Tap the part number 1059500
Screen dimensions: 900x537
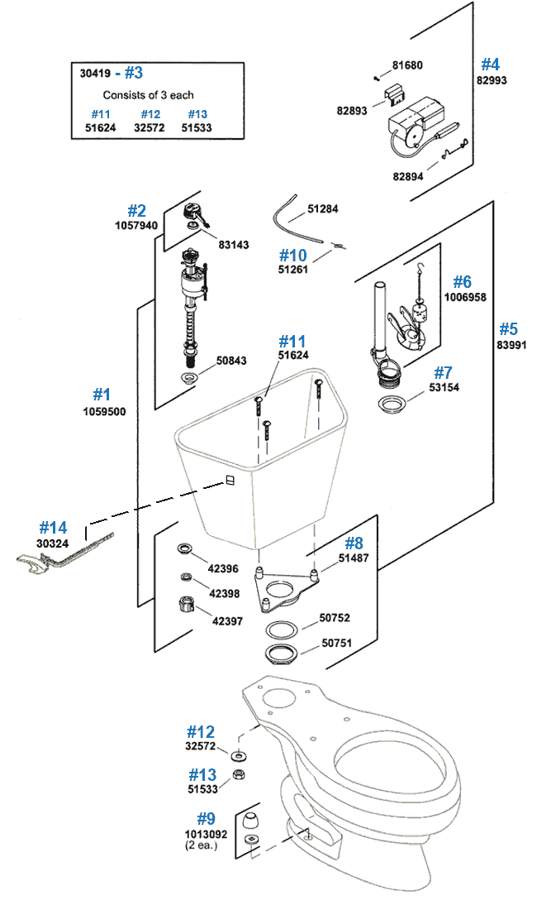click(104, 411)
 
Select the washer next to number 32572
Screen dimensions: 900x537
click(239, 756)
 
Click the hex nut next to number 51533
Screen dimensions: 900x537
click(238, 774)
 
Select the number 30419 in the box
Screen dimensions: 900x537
click(95, 73)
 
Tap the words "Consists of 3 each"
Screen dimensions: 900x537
click(149, 95)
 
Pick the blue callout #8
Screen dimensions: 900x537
click(353, 543)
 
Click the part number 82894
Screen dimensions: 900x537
click(414, 175)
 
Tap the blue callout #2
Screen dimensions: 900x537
click(136, 211)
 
